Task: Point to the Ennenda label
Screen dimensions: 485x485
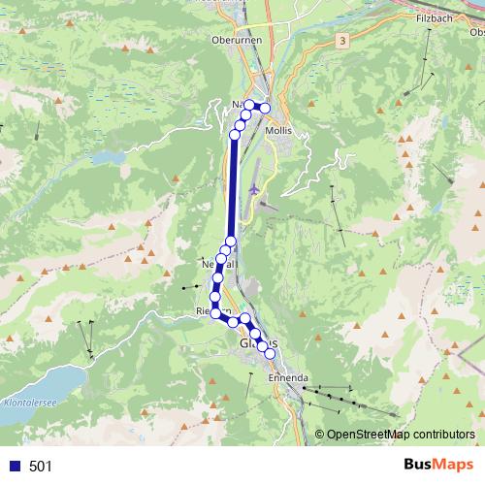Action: tap(288, 378)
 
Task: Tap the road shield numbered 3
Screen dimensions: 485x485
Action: tap(342, 41)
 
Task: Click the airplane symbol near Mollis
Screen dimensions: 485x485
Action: tap(255, 188)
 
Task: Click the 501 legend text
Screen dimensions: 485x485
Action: tap(41, 466)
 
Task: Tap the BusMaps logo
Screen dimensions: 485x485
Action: tap(433, 465)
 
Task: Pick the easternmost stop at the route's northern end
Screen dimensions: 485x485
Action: tap(265, 107)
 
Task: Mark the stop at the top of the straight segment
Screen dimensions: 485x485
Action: tap(234, 137)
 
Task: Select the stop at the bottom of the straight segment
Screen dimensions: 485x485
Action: tap(231, 242)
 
